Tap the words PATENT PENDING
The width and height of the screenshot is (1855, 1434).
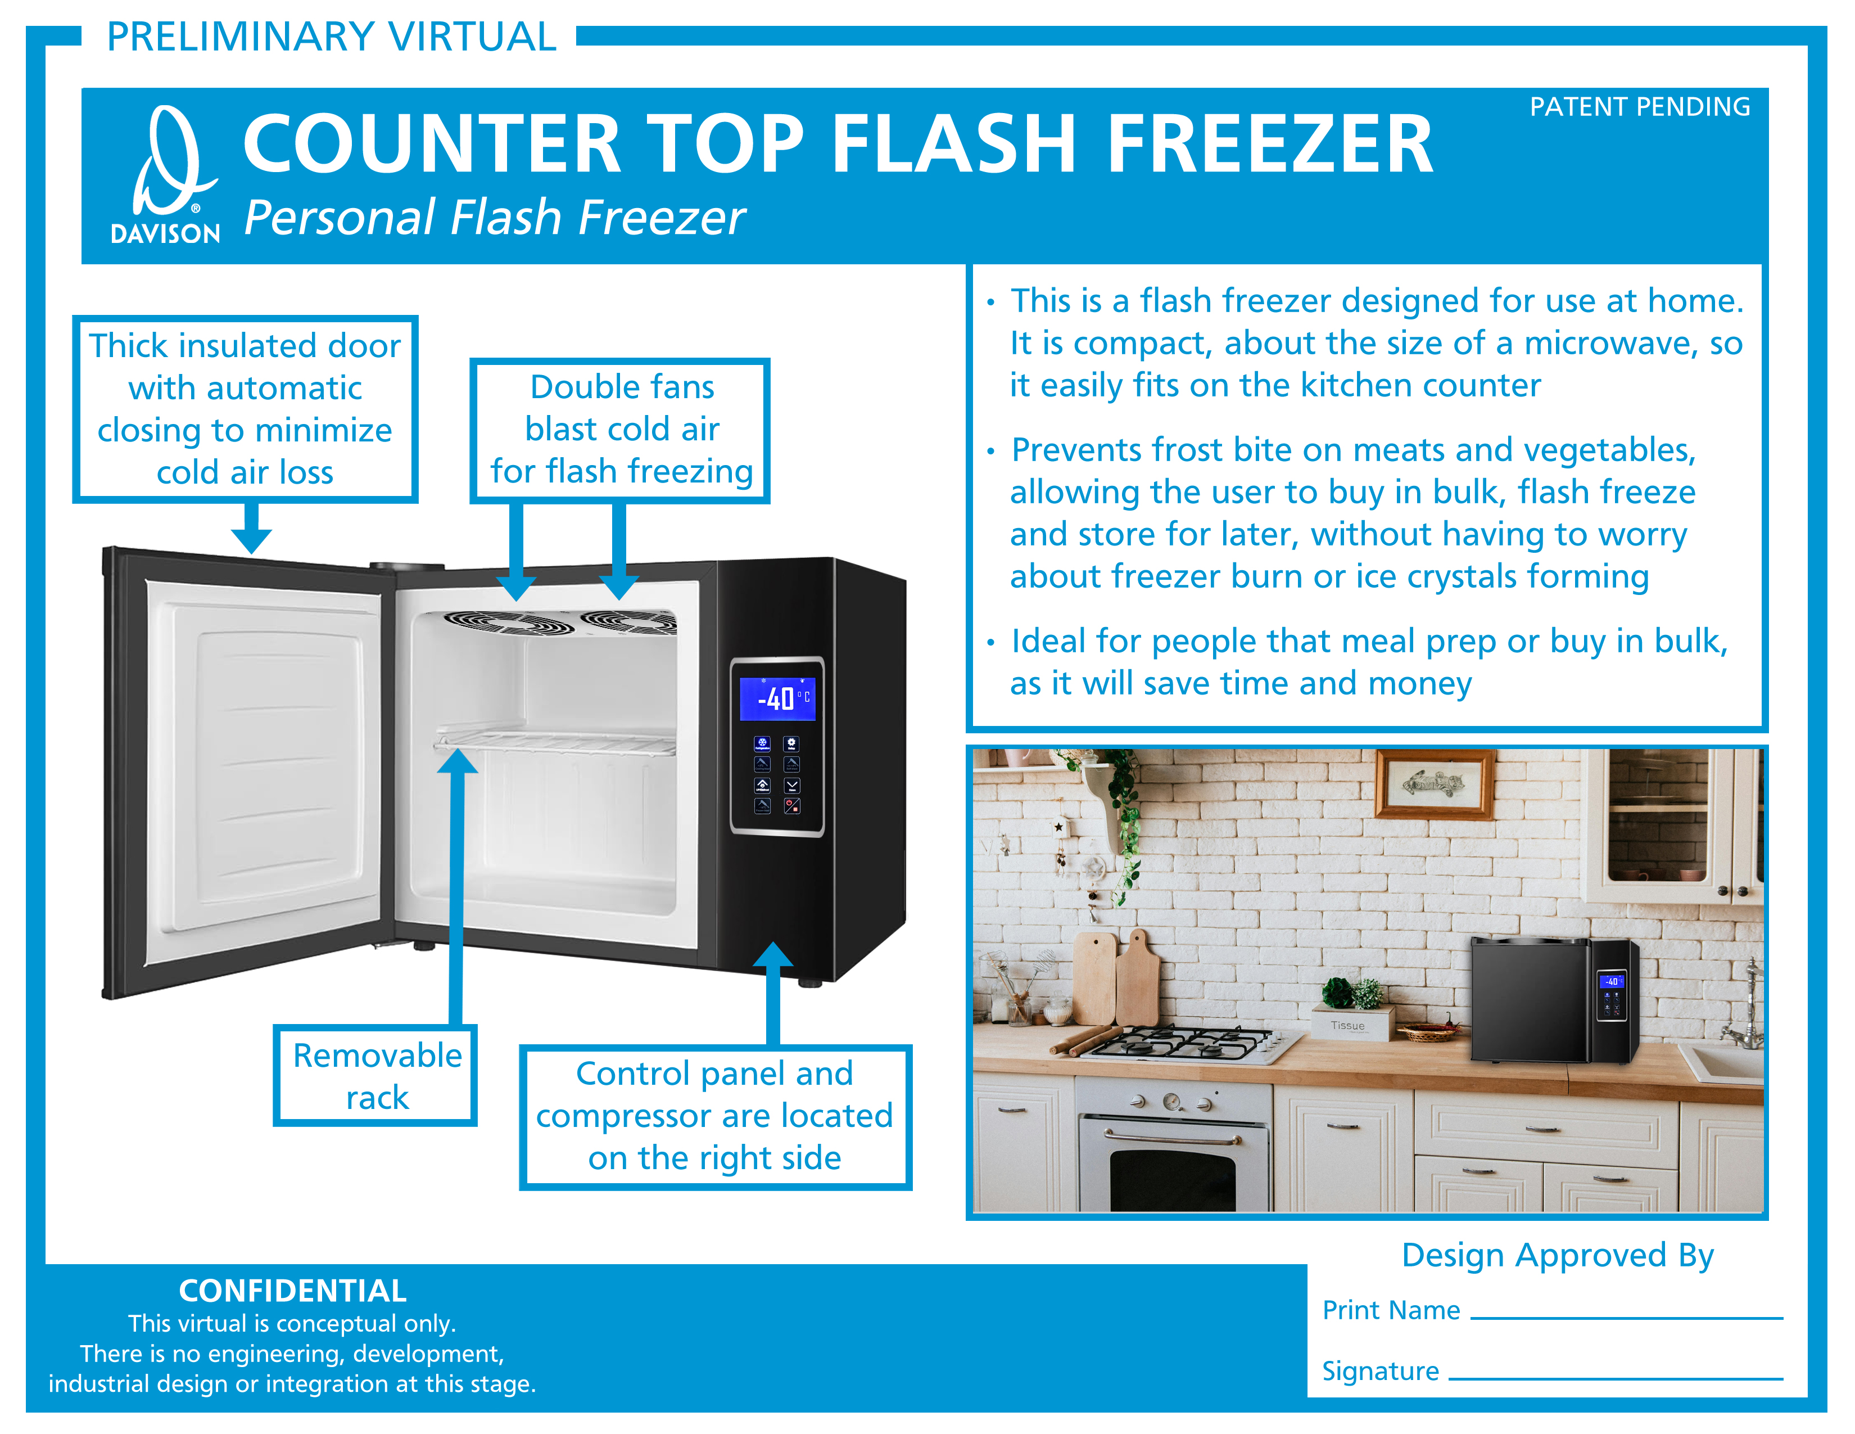pyautogui.click(x=1639, y=107)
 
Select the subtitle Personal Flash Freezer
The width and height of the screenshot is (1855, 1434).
pyautogui.click(x=494, y=218)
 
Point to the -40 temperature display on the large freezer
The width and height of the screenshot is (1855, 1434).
pyautogui.click(x=777, y=698)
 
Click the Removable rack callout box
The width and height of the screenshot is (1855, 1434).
pyautogui.click(x=375, y=1075)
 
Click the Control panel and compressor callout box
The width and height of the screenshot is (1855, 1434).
pyautogui.click(x=715, y=1116)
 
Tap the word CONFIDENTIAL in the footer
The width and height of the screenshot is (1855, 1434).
pyautogui.click(x=292, y=1291)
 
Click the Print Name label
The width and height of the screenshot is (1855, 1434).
pyautogui.click(x=1391, y=1310)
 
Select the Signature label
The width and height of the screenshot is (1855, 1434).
pyautogui.click(x=1380, y=1371)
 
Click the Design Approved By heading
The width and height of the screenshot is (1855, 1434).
pyautogui.click(x=1558, y=1255)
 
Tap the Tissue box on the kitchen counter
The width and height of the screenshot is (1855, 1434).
pyautogui.click(x=1350, y=1023)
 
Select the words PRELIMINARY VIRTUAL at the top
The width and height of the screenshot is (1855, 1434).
pyautogui.click(x=331, y=37)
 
